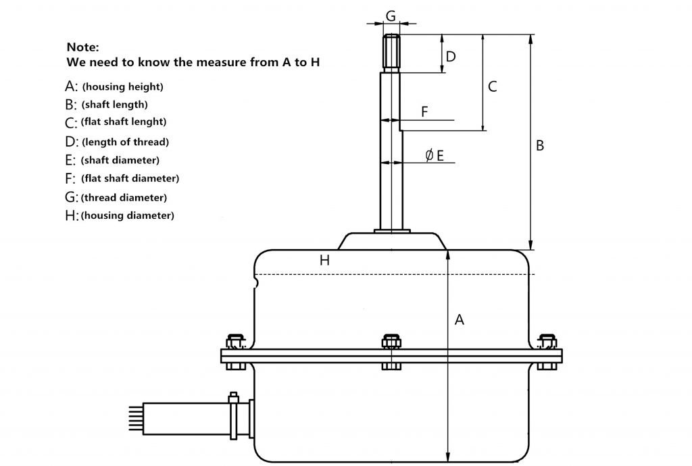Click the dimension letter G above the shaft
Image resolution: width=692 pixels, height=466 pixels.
coord(391,15)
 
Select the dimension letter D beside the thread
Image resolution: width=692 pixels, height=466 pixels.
coord(451,56)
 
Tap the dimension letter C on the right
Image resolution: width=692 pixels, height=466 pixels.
coord(493,86)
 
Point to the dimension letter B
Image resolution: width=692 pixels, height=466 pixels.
coord(539,145)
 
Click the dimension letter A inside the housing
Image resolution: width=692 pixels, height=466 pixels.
coord(460,320)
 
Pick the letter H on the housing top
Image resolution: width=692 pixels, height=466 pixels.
coord(324,260)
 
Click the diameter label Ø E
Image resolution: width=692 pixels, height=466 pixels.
coord(435,156)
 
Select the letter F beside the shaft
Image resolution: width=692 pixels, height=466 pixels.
coord(424,112)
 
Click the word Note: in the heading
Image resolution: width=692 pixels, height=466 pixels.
coord(82,47)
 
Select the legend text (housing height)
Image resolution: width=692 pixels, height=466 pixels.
coord(122,87)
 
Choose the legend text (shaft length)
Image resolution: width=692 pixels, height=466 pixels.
coord(114,105)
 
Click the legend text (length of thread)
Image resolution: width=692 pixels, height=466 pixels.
coord(125,142)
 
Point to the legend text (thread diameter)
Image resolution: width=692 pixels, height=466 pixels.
coord(124,198)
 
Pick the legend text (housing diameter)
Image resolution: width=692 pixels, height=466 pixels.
coord(127,215)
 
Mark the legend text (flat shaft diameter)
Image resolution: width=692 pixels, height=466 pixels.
coord(130,179)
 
